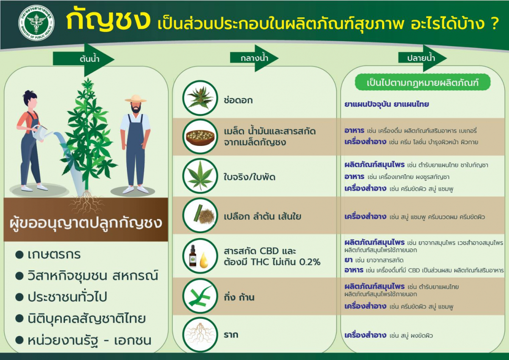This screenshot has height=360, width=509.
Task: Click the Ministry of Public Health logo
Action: [36, 23]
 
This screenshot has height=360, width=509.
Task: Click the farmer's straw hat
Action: [135, 98]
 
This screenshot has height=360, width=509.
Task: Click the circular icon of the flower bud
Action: [200, 98]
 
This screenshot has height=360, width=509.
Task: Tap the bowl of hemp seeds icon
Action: [200, 136]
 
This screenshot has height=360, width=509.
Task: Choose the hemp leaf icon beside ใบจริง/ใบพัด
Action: [200, 176]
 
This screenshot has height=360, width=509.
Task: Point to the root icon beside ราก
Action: [200, 335]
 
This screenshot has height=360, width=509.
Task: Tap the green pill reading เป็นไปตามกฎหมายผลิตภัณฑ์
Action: [422, 83]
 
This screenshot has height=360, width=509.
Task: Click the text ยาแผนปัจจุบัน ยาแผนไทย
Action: [386, 104]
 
